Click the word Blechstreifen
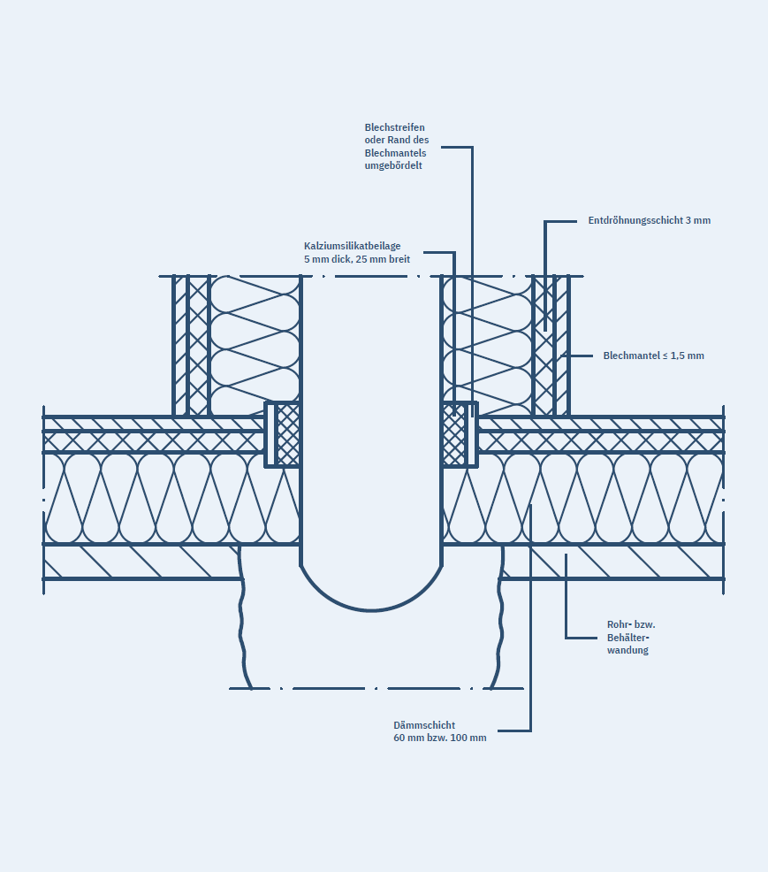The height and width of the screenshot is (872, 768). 394,127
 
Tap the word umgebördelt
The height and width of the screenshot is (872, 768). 393,165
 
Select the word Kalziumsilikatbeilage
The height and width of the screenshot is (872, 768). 352,246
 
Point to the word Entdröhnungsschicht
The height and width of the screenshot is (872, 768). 635,220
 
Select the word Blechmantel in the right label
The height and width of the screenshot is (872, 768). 631,356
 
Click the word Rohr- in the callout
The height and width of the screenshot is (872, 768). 620,624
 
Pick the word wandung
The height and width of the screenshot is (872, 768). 627,650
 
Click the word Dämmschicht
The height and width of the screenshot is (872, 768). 424,725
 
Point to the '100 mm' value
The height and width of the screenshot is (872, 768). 468,738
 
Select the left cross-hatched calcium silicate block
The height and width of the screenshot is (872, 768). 288,435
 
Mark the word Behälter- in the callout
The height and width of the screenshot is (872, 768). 628,638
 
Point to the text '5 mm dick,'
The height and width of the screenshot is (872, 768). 327,259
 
